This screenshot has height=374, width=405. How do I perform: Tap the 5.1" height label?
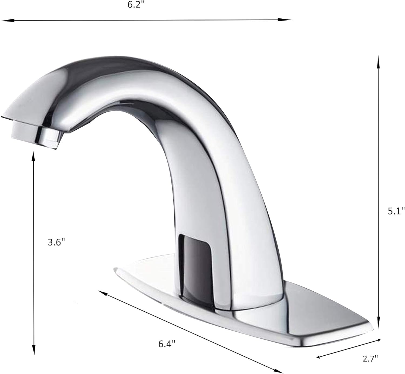click(x=396, y=211)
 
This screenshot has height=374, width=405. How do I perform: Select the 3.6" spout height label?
click(x=56, y=242)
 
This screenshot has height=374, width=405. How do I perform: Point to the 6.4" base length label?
click(x=167, y=344)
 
